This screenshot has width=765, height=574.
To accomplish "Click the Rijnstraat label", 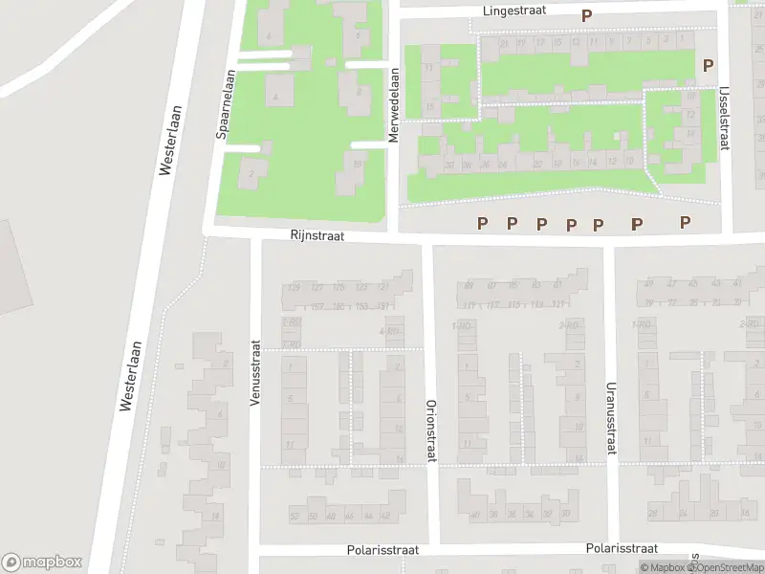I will click(x=317, y=234).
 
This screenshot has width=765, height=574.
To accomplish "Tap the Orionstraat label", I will click(x=430, y=430).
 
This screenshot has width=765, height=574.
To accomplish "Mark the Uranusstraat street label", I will click(x=609, y=418).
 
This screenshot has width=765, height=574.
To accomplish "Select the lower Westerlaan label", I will click(x=129, y=376).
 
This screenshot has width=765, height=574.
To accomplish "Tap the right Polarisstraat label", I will click(x=622, y=548).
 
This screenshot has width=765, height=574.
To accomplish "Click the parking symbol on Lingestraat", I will click(x=586, y=15).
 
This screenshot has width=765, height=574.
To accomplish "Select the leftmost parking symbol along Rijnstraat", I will click(x=483, y=224).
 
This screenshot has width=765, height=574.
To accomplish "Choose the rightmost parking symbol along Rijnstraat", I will click(x=685, y=222).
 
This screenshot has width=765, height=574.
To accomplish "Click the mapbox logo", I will click(x=42, y=563).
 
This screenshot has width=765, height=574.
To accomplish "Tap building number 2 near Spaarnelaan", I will click(x=251, y=174).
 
